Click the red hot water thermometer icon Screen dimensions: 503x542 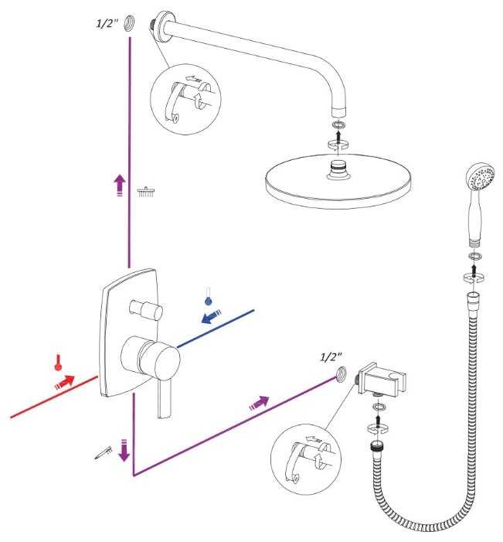point(59,363)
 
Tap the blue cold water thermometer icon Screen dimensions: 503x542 point(208,296)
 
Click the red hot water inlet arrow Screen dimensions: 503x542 point(65,382)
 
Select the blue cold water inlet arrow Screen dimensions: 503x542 point(211,317)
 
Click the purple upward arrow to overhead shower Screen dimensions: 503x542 point(120,186)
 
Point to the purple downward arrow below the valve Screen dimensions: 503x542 point(124,451)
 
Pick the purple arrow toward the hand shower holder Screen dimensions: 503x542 point(259,403)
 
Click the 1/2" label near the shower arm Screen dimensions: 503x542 point(107,23)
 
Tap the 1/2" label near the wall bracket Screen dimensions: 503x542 point(331,356)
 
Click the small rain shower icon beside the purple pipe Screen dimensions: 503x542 point(146,192)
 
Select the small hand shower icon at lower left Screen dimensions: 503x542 point(104,453)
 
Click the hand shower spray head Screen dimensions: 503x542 point(480,177)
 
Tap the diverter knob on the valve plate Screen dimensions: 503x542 point(145,309)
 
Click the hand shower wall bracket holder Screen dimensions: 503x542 point(382,380)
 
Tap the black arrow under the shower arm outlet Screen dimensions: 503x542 point(339,135)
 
